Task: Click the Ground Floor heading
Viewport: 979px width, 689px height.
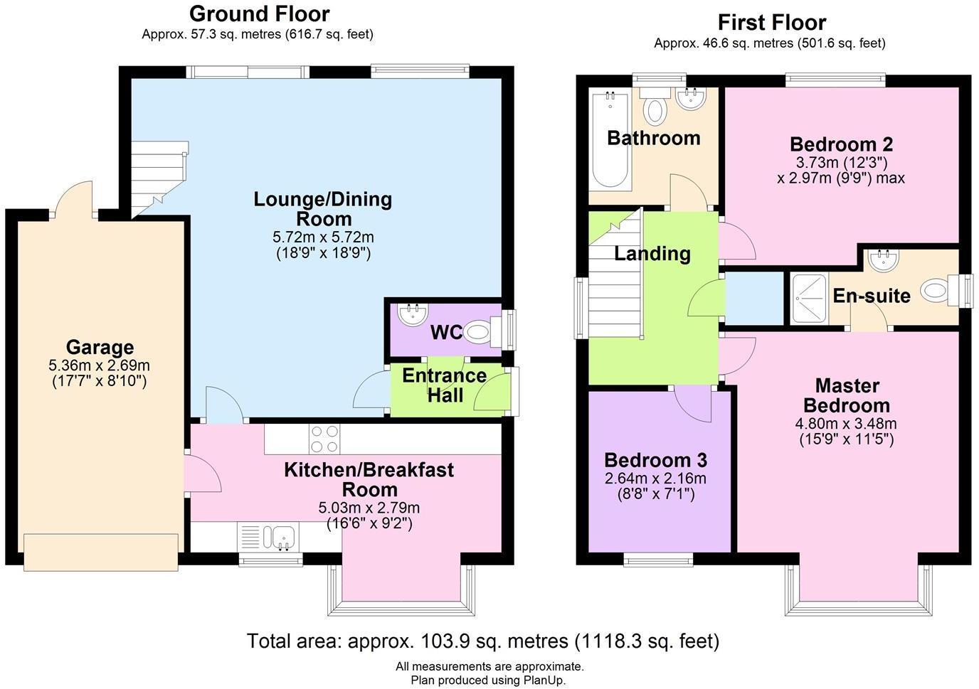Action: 259,14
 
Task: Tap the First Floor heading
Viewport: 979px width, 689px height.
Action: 771,22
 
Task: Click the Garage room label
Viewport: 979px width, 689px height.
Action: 99,348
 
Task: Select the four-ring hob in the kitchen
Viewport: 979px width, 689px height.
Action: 324,439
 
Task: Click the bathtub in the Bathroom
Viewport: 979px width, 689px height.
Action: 610,139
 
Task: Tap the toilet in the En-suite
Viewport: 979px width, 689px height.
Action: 938,290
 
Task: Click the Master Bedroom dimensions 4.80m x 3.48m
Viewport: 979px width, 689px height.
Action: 846,424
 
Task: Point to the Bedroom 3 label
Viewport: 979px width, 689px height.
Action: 655,459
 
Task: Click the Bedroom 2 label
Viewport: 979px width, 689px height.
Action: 841,144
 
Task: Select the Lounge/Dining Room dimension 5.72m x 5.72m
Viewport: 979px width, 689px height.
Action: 323,237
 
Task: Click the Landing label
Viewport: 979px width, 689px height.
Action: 652,254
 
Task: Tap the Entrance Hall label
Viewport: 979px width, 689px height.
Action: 445,385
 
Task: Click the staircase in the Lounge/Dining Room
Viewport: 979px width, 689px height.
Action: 158,178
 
